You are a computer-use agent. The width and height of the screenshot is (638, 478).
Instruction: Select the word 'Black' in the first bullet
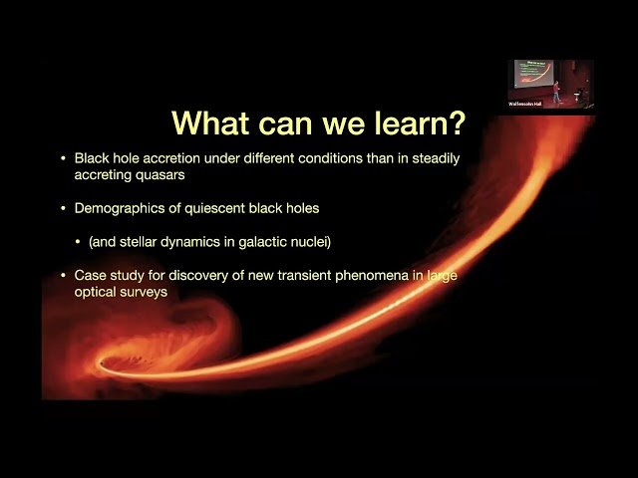point(92,158)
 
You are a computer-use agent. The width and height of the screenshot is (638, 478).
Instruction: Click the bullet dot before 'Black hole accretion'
point(64,158)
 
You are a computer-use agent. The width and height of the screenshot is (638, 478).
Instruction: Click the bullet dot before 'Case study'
point(64,274)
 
